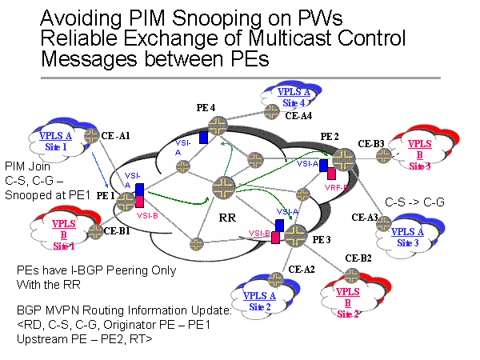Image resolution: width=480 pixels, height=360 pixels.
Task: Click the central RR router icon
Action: pos(222,188)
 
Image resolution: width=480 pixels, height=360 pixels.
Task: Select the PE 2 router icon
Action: pos(344,158)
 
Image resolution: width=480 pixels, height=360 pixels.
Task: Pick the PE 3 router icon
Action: pos(295,234)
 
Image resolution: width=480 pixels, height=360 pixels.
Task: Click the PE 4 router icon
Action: pos(217,123)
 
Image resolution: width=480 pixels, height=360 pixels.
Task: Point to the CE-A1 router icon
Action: pos(91,136)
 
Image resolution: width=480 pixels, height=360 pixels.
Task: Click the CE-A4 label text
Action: pos(298,117)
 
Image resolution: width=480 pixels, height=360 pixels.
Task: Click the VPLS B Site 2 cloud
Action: pos(349,294)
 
